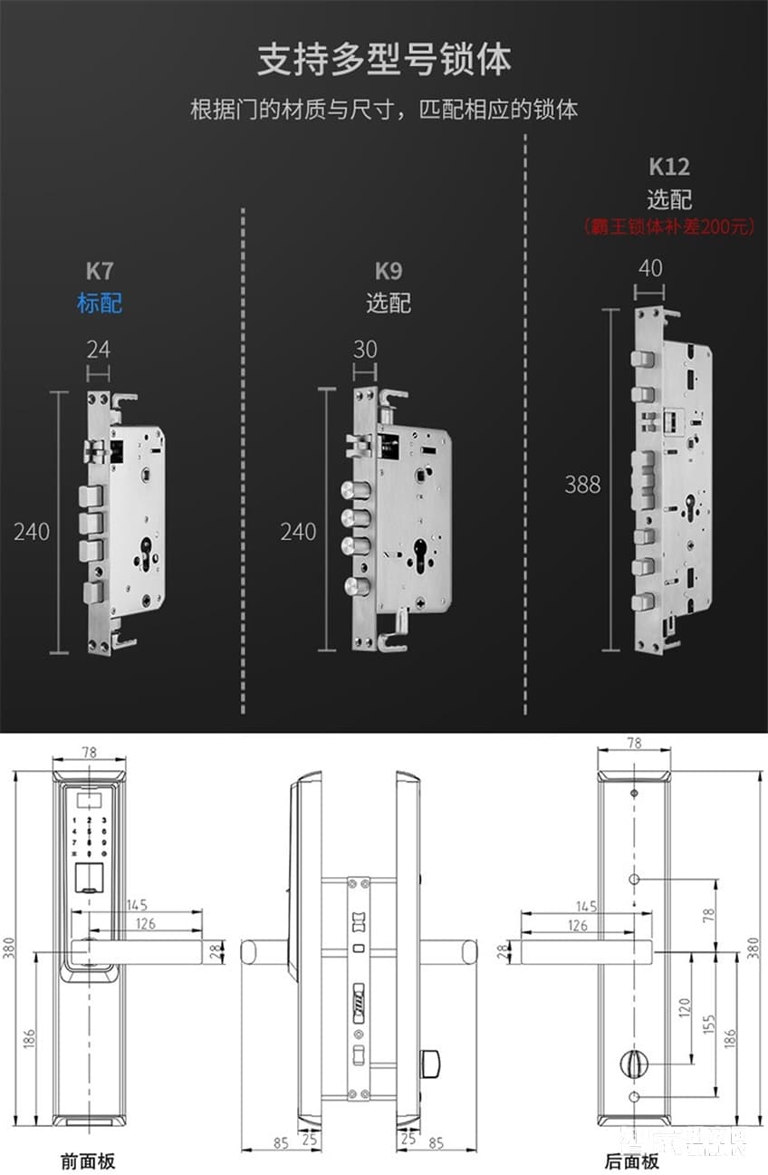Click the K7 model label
[100, 270]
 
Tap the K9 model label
[389, 270]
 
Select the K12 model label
[669, 167]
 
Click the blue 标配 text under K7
[100, 303]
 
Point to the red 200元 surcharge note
[669, 226]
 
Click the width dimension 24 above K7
[99, 349]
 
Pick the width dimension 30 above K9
[365, 349]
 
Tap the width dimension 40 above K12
[650, 268]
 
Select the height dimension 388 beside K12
[582, 484]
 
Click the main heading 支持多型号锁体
[384, 60]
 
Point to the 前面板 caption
[88, 1161]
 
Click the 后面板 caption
[632, 1161]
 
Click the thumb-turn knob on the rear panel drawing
[632, 1063]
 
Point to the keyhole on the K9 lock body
[419, 554]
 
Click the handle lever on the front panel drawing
[136, 950]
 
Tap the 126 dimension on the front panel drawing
[145, 923]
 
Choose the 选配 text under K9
[389, 303]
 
